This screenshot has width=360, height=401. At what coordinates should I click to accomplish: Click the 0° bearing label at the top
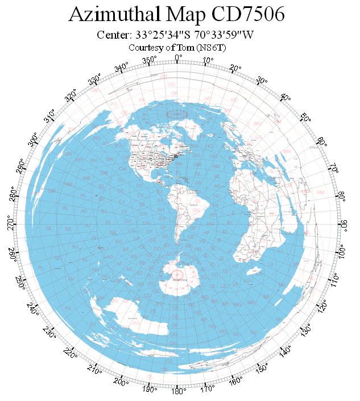[178, 57]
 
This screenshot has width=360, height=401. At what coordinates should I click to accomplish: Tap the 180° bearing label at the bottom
[178, 391]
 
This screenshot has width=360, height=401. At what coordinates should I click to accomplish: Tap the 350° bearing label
[149, 60]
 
